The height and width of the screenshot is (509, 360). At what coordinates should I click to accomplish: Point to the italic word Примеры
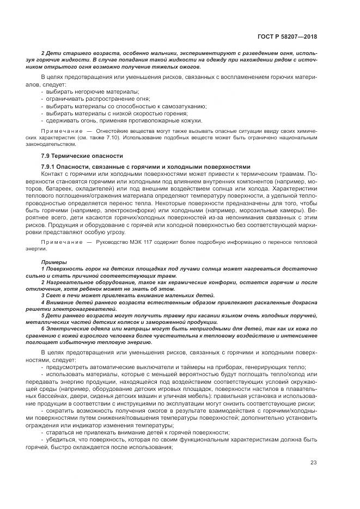pos(52,261)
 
